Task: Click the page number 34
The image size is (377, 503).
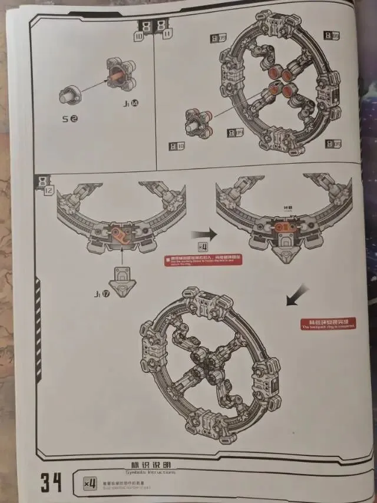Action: coord(51,482)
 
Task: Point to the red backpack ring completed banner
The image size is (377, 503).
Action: coord(328,323)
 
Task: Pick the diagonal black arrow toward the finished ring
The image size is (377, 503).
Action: coord(296,293)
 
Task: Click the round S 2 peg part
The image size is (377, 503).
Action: coord(71,95)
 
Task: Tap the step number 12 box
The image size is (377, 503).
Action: coord(45,185)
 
